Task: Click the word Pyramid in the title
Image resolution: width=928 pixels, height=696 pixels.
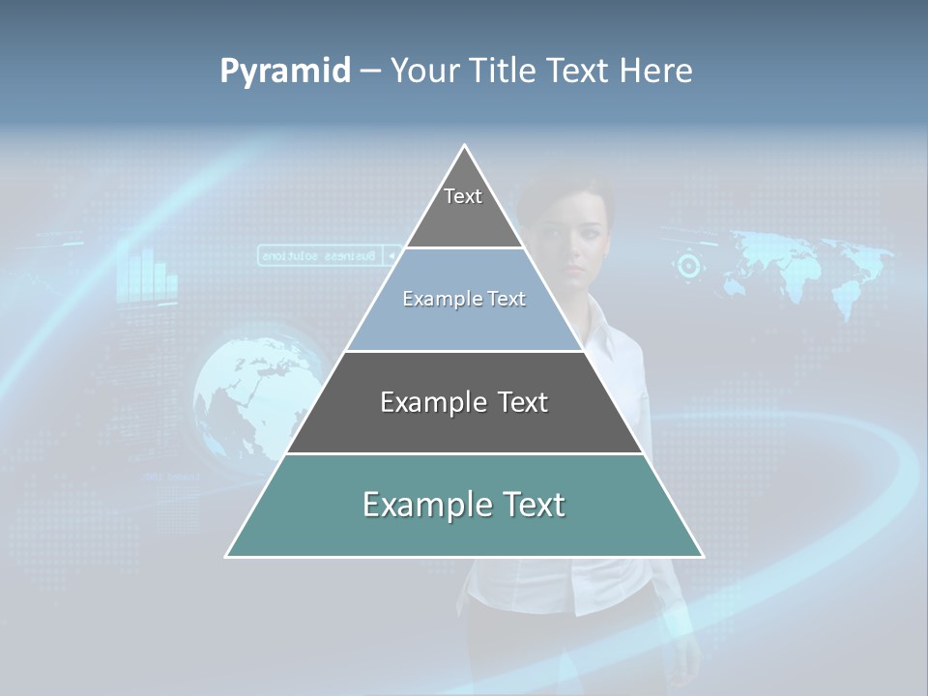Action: [285, 71]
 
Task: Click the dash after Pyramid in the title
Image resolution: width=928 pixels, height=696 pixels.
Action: [370, 72]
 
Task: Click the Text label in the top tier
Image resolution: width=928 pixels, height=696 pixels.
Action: [463, 196]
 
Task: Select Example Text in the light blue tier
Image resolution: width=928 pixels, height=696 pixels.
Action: [464, 299]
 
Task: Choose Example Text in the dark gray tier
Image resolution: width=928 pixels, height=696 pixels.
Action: [464, 402]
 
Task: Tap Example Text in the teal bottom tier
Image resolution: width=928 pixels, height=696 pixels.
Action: [464, 505]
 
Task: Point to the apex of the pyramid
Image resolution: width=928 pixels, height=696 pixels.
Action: [465, 146]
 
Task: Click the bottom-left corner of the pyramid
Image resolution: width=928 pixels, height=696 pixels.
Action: [227, 556]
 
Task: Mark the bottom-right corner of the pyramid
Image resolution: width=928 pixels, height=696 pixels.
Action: [702, 556]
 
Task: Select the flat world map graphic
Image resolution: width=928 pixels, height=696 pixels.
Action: [812, 266]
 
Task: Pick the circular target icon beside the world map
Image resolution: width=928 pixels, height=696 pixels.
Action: [689, 265]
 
